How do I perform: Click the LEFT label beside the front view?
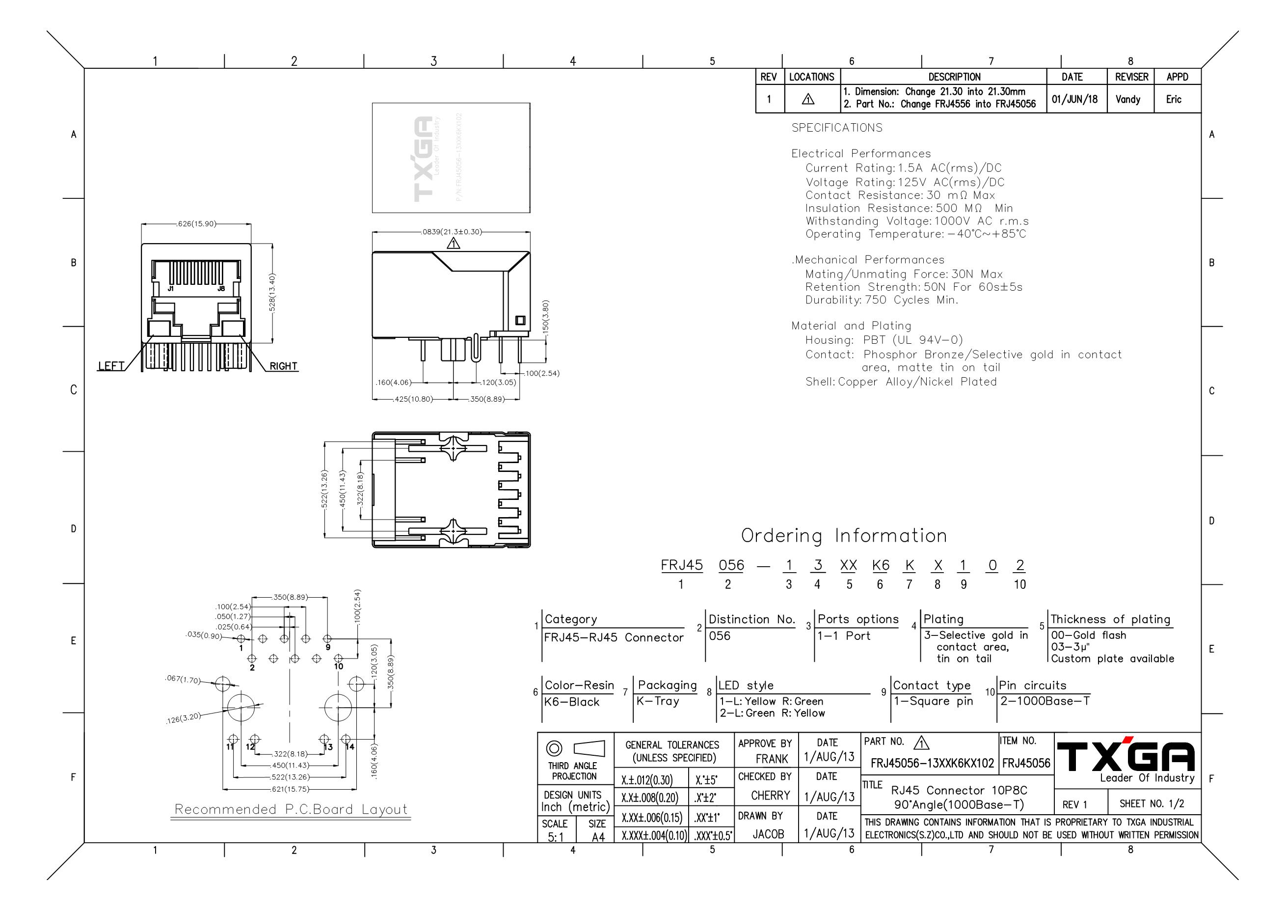111,366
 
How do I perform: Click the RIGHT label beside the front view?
283,366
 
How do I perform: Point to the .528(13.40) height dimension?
273,293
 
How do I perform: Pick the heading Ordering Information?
844,535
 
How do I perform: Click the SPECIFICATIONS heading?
837,128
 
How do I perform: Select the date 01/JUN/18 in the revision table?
1075,99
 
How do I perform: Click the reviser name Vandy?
1127,99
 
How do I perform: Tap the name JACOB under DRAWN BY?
768,834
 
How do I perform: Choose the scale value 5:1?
556,837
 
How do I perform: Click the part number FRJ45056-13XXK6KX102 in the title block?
932,763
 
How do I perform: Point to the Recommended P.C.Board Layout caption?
291,809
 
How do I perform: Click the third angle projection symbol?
575,749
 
